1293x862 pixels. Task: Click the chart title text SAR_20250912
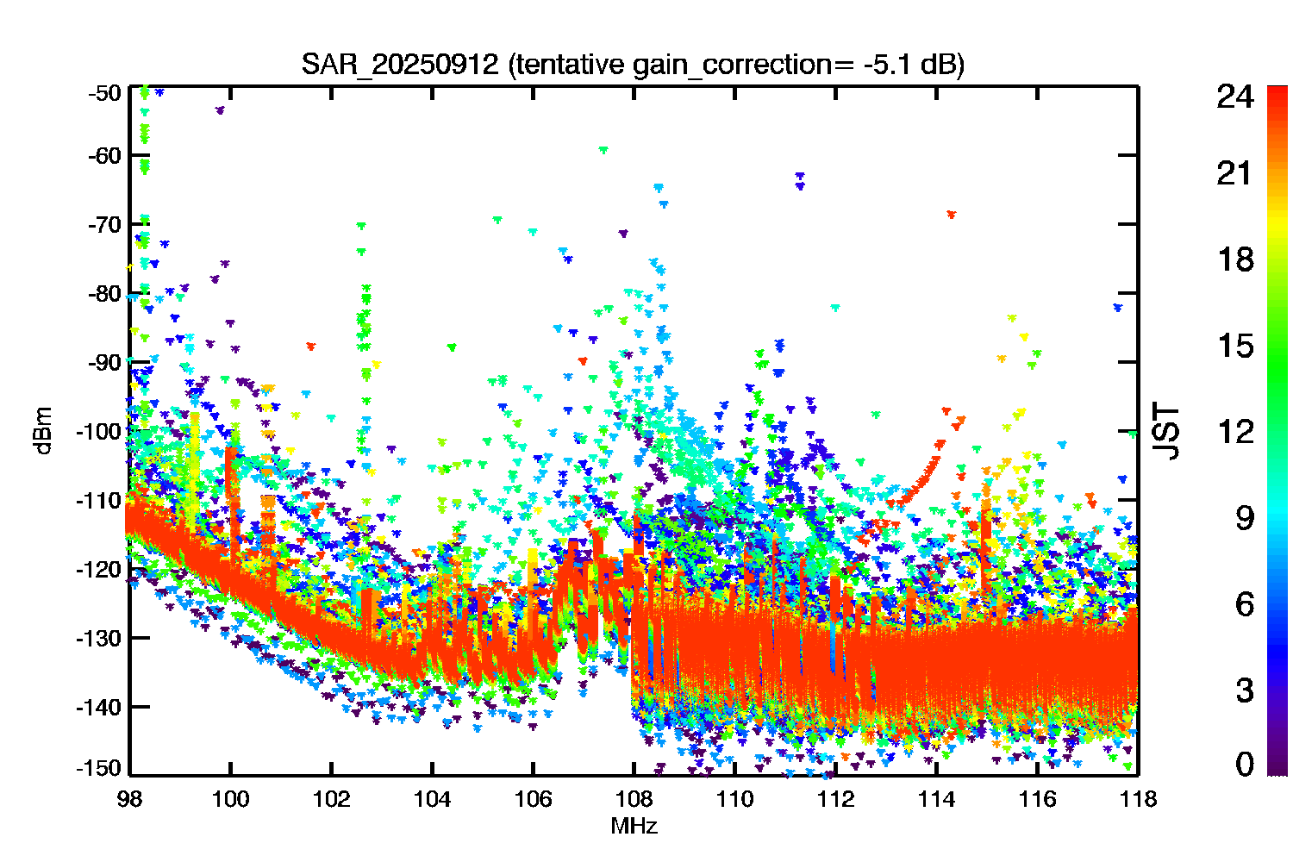(399, 64)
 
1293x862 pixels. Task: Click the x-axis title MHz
(634, 826)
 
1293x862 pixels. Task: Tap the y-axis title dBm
(43, 431)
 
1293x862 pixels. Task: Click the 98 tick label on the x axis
(129, 800)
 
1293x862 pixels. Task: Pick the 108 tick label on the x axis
(634, 800)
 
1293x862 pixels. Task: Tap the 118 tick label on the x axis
(1139, 800)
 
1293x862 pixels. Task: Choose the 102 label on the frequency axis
(331, 800)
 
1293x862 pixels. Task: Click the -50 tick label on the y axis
(104, 93)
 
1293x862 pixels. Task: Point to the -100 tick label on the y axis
(99, 431)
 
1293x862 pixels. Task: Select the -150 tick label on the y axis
(99, 768)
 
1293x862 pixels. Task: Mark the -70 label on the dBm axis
(104, 224)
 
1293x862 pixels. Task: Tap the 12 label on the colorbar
(1235, 432)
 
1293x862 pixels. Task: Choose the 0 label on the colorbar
(1245, 764)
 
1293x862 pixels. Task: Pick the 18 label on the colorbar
(1235, 259)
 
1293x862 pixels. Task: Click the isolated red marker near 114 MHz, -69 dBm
(952, 215)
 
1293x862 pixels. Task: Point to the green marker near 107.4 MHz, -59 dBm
(603, 150)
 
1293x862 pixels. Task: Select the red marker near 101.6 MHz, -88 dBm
(311, 347)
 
